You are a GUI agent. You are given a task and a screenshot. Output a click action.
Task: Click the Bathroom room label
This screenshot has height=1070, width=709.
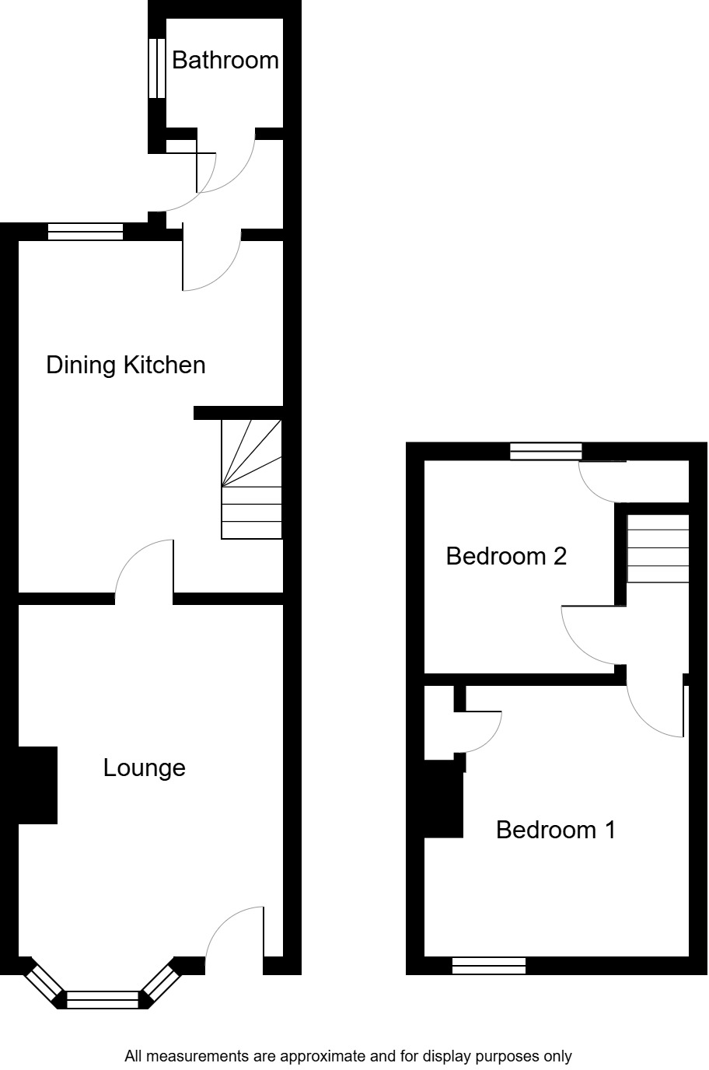click(x=225, y=60)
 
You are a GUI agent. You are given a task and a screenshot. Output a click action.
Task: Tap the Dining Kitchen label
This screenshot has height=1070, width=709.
click(x=126, y=365)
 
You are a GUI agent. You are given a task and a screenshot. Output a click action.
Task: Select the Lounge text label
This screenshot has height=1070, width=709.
click(x=145, y=768)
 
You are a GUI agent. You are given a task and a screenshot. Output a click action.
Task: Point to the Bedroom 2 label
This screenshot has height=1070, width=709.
click(x=506, y=556)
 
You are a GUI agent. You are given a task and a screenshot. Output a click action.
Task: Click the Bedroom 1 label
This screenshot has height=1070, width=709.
click(x=556, y=830)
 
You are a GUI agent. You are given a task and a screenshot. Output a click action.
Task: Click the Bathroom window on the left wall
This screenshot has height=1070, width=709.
click(x=157, y=68)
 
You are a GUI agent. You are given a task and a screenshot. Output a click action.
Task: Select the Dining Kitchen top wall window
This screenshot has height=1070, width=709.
click(x=86, y=231)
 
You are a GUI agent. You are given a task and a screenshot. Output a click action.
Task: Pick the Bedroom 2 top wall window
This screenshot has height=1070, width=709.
click(x=546, y=451)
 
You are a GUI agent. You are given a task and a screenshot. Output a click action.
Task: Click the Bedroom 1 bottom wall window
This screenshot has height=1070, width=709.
click(x=489, y=966)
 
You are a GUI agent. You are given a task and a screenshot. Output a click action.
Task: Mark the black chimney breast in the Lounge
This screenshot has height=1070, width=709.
click(x=37, y=785)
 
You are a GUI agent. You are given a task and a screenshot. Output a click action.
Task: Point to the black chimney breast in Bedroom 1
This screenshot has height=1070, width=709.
click(x=444, y=799)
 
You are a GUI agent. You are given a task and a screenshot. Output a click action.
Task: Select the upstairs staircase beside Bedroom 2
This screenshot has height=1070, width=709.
click(x=658, y=547)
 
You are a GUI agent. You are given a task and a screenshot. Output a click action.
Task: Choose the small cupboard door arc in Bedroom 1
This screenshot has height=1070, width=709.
click(x=482, y=731)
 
